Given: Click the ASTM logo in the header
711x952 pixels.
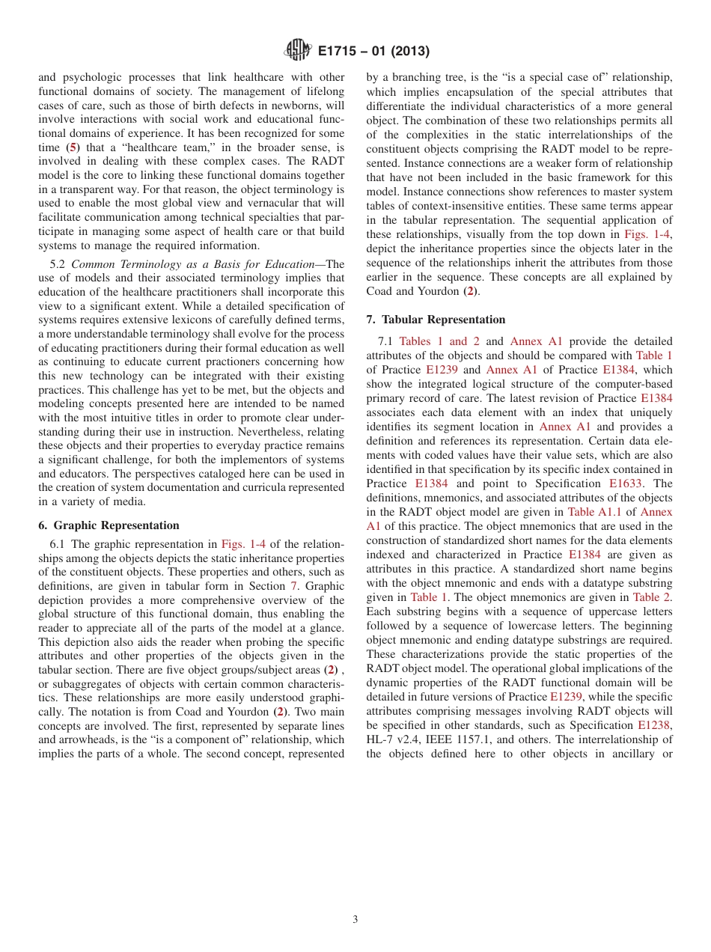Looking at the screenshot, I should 299,51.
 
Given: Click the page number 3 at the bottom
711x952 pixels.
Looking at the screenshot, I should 355,920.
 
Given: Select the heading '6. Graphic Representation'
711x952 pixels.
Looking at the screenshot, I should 109,525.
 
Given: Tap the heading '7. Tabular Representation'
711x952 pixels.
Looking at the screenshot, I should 436,320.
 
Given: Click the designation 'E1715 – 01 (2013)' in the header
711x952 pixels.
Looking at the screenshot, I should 373,52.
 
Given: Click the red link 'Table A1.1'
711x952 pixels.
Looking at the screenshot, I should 591,512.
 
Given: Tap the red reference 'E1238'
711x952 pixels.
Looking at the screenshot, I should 654,725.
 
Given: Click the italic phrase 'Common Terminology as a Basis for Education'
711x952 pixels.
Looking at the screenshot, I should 198,263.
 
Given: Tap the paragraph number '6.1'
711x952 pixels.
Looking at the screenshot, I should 58,544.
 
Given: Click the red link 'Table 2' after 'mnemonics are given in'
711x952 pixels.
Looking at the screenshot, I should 652,597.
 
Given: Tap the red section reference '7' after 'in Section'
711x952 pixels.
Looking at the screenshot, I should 293,586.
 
